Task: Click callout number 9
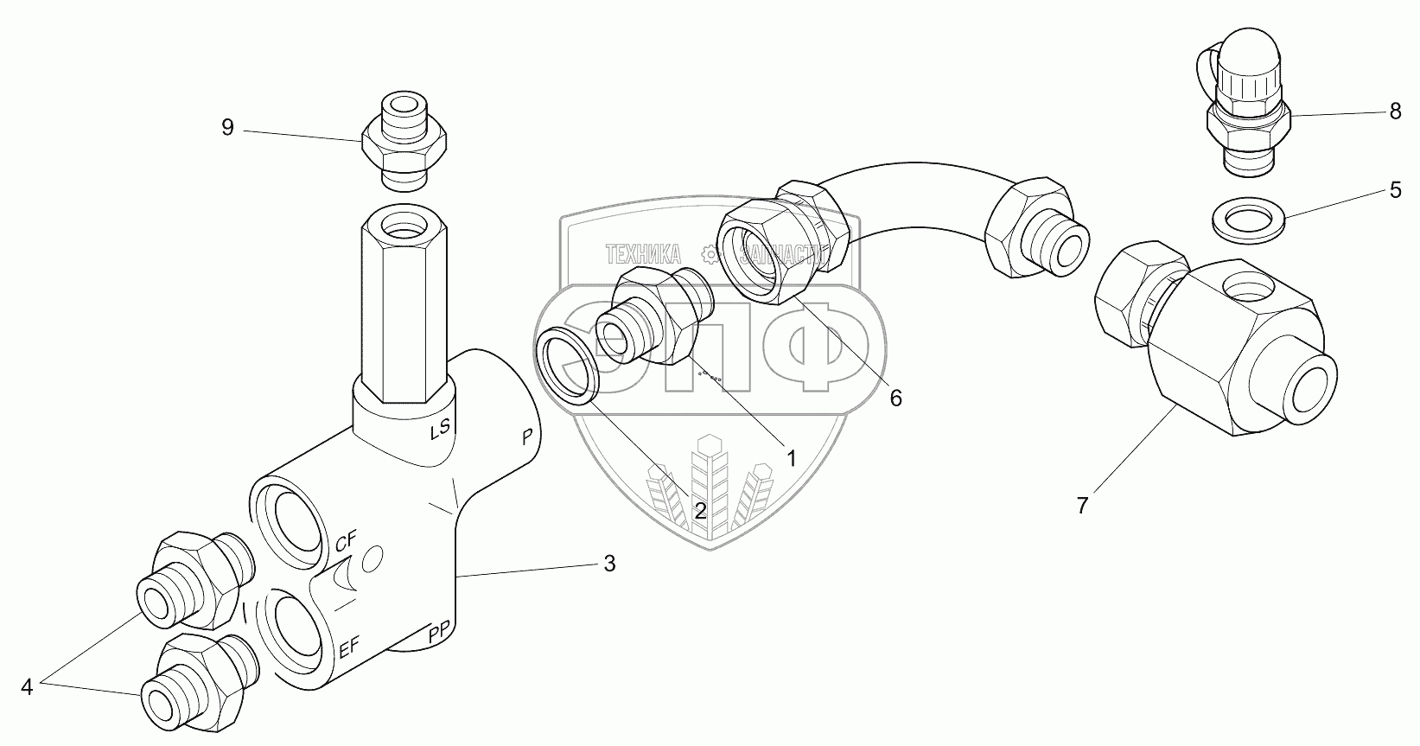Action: click(x=227, y=128)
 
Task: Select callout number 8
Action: click(x=1395, y=112)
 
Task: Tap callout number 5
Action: click(x=1395, y=190)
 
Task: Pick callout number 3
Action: click(x=609, y=564)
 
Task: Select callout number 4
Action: click(x=27, y=687)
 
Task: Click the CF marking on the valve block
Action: click(x=346, y=543)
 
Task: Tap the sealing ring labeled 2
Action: click(x=566, y=366)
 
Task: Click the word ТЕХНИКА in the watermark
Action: click(x=643, y=254)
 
